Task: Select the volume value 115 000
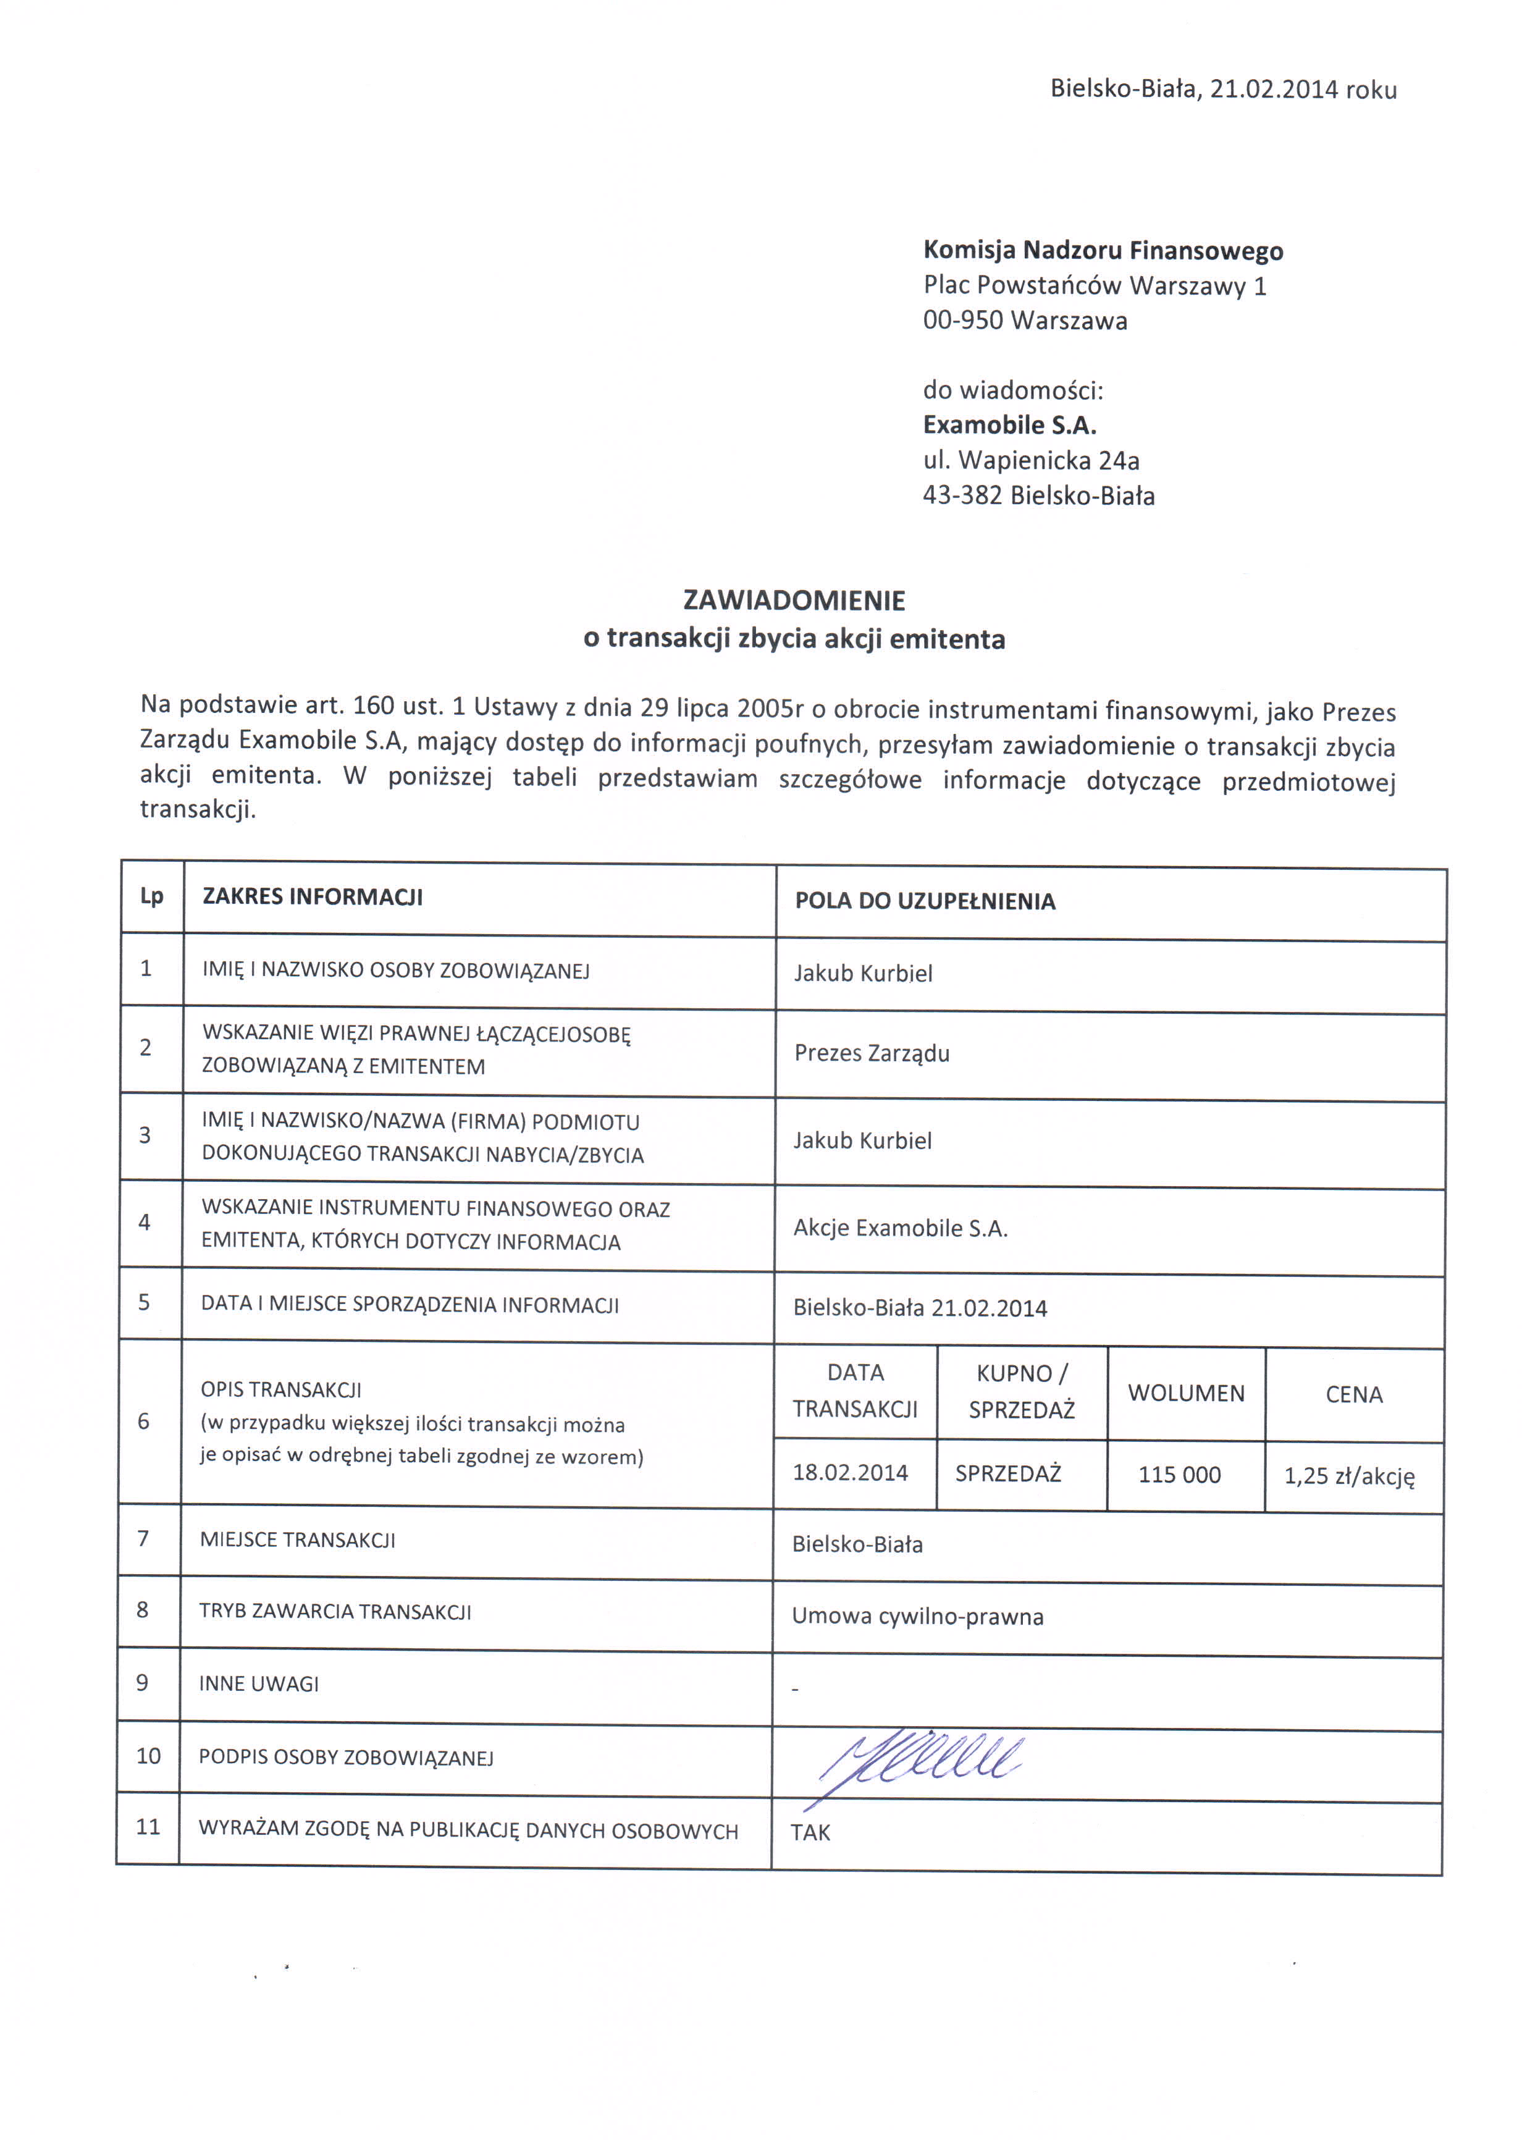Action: (x=1179, y=1475)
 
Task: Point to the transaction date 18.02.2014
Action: (x=850, y=1473)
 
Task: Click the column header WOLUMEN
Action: (x=1185, y=1393)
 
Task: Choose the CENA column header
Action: (x=1353, y=1395)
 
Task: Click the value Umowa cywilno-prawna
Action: (x=917, y=1616)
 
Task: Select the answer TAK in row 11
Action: (x=810, y=1832)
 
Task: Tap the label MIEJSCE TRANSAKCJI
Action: (x=297, y=1540)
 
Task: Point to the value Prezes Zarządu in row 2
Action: (x=872, y=1053)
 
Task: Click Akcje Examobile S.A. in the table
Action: (x=900, y=1228)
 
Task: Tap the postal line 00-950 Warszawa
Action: (x=1024, y=321)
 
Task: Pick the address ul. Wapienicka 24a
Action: (x=1031, y=460)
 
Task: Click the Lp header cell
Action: (x=152, y=896)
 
